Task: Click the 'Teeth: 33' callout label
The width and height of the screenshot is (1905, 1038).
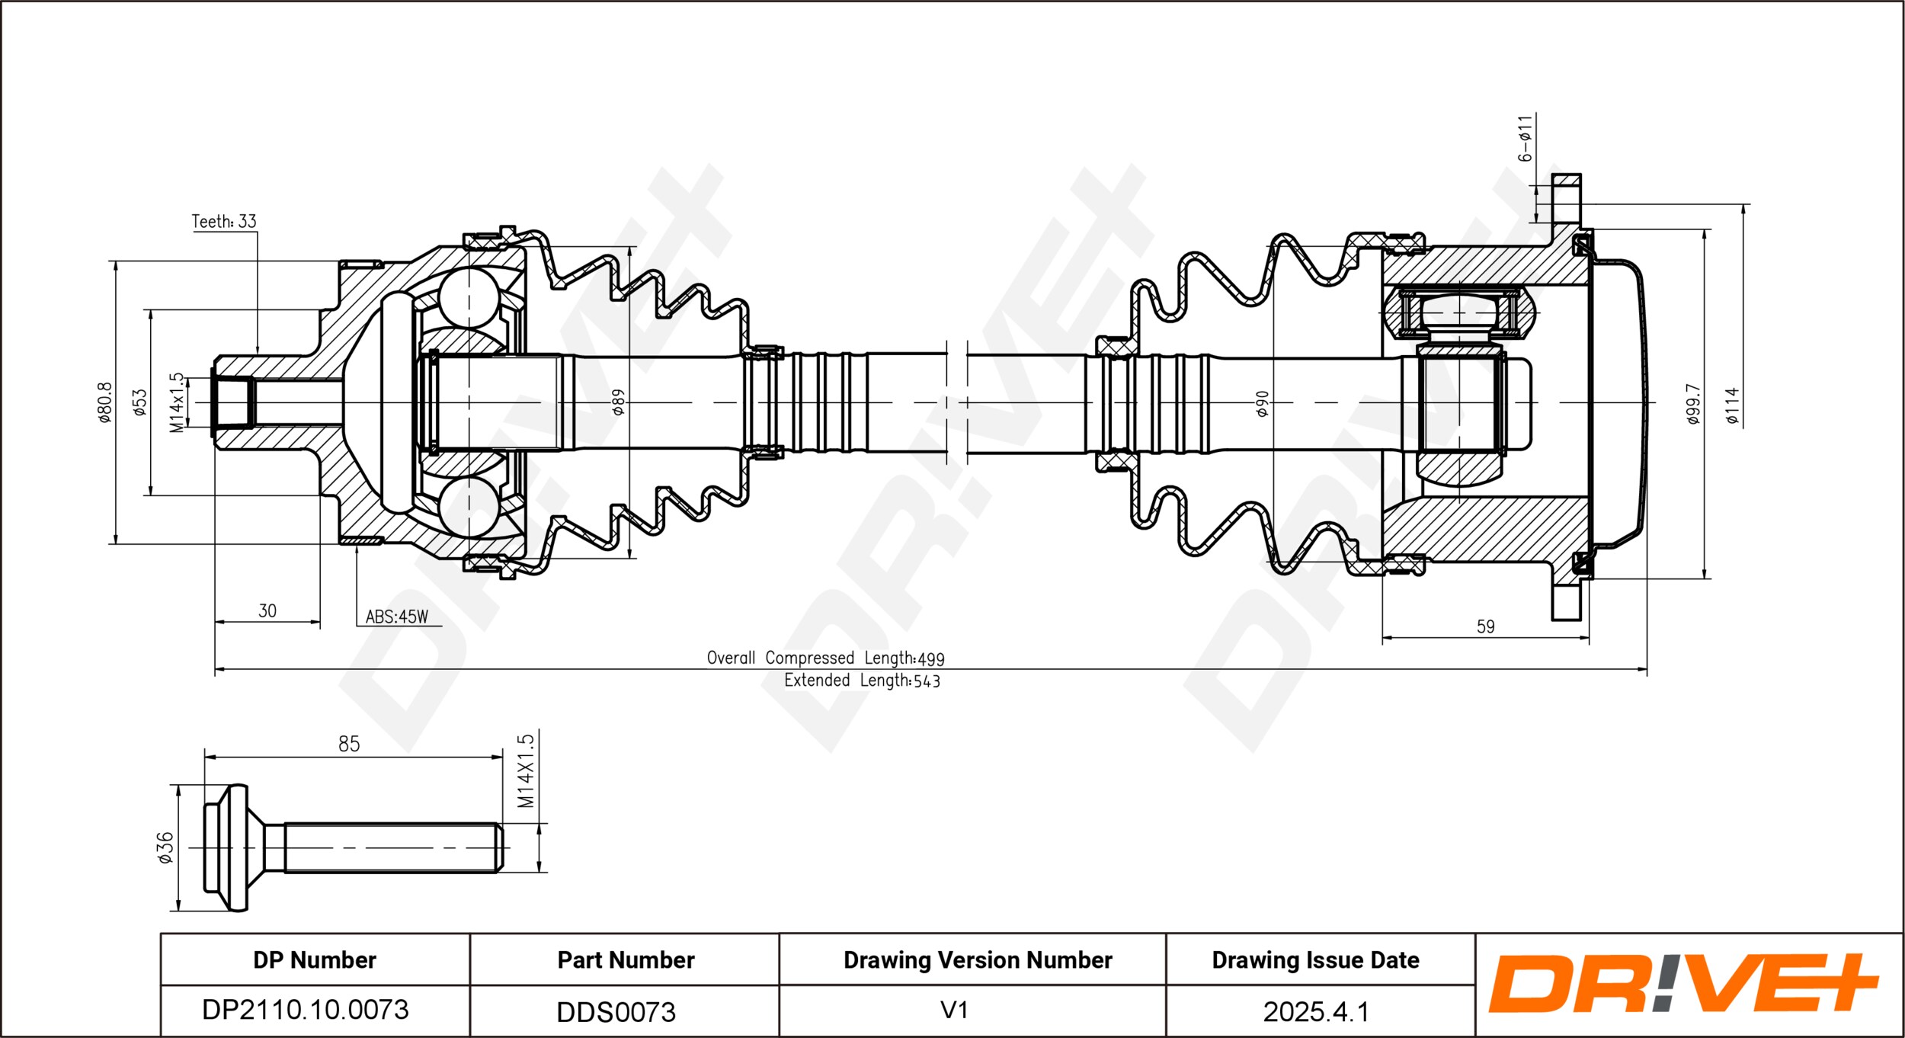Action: coord(224,221)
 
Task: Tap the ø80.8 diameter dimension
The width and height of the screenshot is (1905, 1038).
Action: coord(104,402)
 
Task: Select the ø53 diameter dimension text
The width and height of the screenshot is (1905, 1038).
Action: coord(139,402)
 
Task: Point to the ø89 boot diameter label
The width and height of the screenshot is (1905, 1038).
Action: coord(618,402)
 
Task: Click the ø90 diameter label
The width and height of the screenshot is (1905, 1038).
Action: coord(1262,403)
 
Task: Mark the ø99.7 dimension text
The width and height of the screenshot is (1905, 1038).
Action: coord(1693,404)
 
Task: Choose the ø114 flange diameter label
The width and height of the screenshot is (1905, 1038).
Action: coord(1733,405)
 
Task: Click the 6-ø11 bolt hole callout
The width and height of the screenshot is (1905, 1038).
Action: coord(1524,139)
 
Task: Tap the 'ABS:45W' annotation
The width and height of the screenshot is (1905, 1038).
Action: coord(397,617)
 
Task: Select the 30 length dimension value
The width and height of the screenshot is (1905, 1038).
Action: coord(267,610)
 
